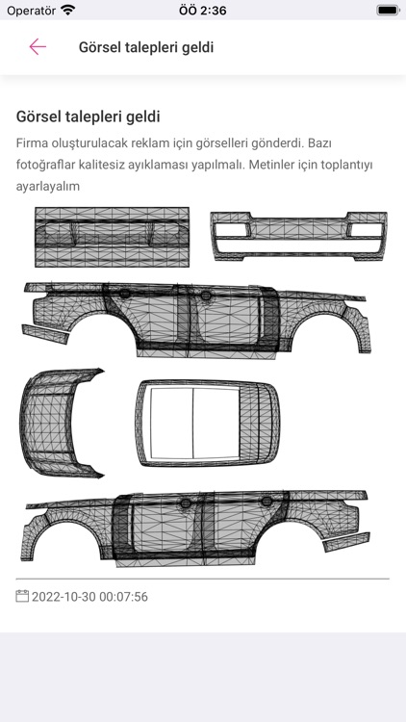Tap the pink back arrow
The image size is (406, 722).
(x=38, y=47)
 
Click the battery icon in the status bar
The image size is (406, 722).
(x=388, y=10)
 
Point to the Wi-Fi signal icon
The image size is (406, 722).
(x=67, y=10)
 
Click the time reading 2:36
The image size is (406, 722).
(x=202, y=10)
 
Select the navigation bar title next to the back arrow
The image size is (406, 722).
(x=146, y=47)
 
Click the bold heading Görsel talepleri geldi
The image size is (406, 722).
(x=88, y=116)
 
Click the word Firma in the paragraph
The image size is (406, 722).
(x=35, y=142)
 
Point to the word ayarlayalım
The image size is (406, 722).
(x=48, y=186)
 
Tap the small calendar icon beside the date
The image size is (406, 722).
(x=22, y=596)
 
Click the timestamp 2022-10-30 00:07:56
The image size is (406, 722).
(x=89, y=597)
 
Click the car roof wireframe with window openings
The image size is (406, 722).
(x=207, y=419)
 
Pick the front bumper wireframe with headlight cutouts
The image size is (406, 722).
(x=298, y=234)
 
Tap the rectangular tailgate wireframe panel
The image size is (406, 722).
(x=112, y=236)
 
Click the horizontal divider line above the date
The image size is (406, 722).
(x=203, y=579)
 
